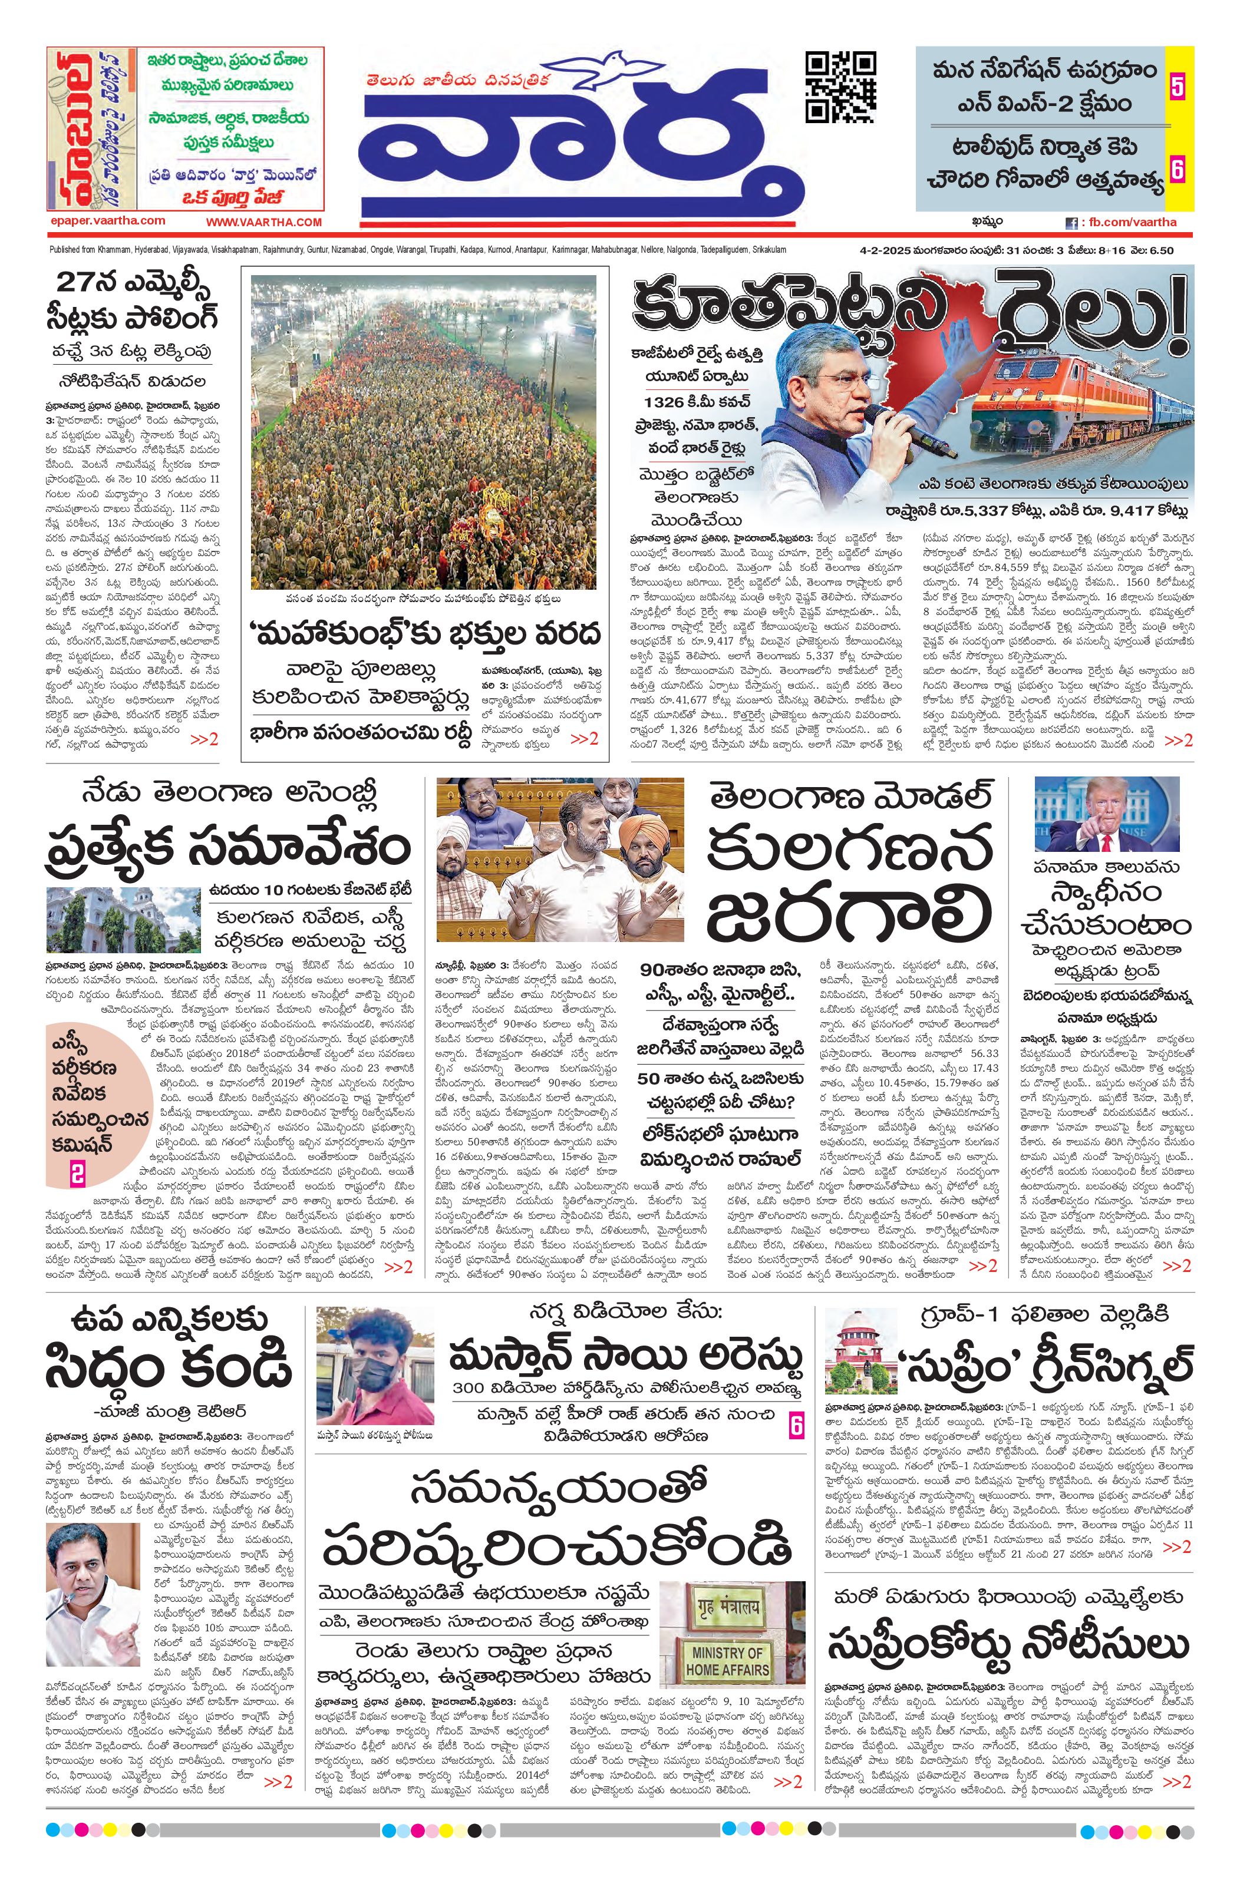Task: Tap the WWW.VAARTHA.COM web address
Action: coord(263,223)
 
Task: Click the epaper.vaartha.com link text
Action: coord(107,221)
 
